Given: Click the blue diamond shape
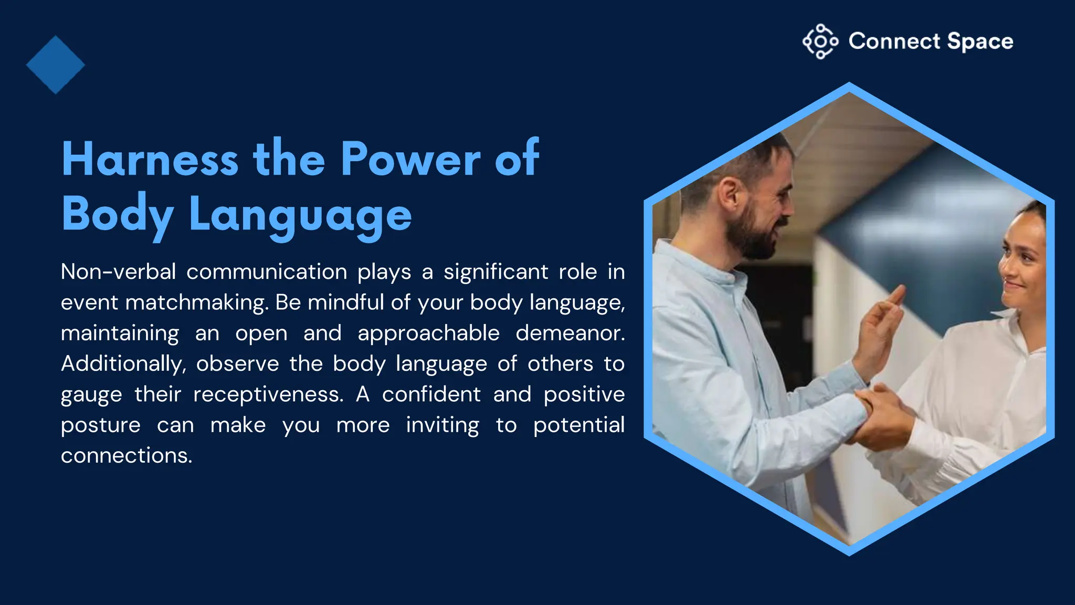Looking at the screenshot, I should [55, 65].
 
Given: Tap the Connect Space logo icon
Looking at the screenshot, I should [820, 41].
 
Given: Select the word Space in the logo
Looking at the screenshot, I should [980, 41].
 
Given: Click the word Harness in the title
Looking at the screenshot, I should [150, 159].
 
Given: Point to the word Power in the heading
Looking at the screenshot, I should [410, 159].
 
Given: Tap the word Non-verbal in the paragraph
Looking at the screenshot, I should [118, 272].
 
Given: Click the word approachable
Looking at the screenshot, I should [428, 333].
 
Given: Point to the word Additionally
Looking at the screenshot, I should [123, 364].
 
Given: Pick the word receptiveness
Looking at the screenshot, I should [268, 394].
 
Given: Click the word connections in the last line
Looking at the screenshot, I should [126, 455].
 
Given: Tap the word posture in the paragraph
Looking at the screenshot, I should [100, 425].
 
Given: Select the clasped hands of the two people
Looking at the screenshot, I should [882, 415].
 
